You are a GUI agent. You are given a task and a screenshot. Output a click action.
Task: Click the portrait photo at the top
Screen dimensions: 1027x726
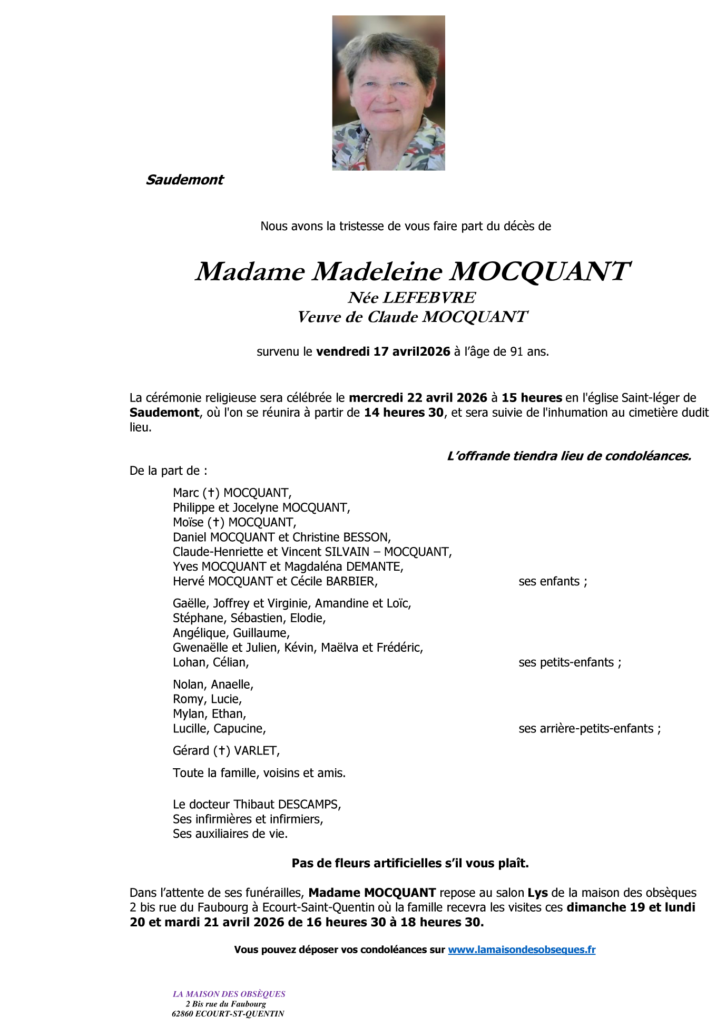click(388, 93)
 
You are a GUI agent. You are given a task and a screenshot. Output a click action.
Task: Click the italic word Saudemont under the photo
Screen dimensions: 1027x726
click(184, 180)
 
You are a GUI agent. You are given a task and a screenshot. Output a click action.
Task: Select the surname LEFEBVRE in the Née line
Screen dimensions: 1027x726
click(429, 298)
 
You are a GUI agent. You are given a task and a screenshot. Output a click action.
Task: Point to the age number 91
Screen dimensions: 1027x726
click(517, 351)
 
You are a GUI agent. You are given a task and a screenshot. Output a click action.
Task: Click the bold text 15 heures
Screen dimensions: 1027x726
click(532, 398)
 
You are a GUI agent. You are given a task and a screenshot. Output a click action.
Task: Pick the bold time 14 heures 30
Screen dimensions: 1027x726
click(404, 413)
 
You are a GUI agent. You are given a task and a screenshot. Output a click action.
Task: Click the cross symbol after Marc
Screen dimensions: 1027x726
click(211, 493)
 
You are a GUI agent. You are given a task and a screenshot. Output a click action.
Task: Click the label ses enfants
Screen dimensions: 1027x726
click(552, 581)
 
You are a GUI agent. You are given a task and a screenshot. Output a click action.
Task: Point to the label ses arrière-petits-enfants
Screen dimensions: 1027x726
click(589, 728)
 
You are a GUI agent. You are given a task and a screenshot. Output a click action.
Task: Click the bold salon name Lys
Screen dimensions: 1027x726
click(538, 893)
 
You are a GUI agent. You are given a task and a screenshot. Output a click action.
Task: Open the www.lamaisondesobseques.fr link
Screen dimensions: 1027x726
click(522, 950)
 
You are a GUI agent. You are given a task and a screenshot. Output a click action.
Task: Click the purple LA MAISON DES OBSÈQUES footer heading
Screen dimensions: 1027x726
click(229, 994)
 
